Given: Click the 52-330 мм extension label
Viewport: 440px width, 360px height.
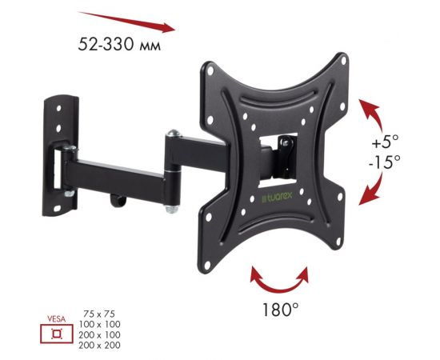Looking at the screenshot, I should click(119, 46).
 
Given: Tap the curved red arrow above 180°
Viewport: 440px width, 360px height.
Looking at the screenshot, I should click(279, 279).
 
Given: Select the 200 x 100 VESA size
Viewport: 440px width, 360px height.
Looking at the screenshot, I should click(98, 335).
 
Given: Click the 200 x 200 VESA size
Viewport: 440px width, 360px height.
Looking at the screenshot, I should click(98, 345).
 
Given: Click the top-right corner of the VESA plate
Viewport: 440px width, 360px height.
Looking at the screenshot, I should click(340, 64).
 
